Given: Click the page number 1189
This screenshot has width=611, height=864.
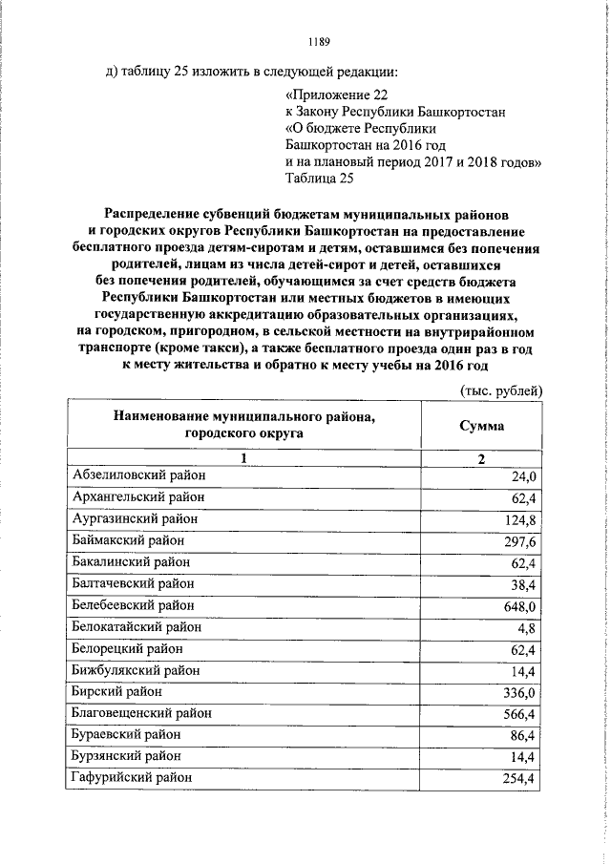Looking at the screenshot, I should coord(319,41).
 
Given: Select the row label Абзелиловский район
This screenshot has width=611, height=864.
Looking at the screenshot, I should coord(138,475).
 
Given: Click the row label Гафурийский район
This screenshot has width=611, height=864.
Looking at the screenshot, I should coord(134,779).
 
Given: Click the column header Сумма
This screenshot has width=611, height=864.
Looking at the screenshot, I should coord(481,425).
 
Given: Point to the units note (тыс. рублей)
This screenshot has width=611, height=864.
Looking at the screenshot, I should coord(500,390).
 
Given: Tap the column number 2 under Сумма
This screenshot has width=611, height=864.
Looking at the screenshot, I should coord(481,458).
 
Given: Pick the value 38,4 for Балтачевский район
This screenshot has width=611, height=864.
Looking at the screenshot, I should coord(524,584).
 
